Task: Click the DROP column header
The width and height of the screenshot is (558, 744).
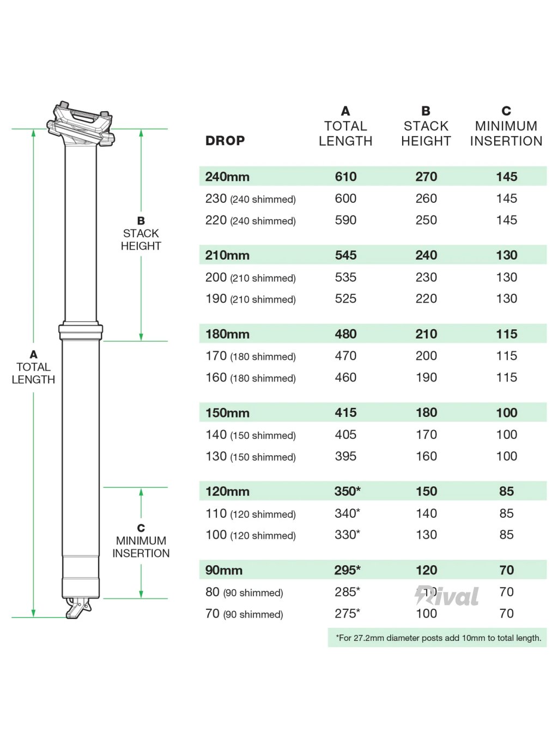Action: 225,141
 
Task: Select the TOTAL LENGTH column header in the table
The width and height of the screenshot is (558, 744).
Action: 345,126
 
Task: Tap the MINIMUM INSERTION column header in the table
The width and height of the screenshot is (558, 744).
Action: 506,126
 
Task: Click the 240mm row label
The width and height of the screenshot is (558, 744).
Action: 227,177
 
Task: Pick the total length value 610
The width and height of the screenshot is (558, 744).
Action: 345,177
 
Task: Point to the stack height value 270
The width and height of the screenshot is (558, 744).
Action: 426,177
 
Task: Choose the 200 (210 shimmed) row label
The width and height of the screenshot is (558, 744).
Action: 250,277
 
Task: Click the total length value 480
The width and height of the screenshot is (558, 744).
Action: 345,334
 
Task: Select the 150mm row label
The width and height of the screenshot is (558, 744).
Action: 227,413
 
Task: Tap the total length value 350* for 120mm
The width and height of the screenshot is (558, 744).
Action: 347,491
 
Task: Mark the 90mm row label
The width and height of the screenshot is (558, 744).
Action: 223,570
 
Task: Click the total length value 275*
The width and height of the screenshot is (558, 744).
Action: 347,613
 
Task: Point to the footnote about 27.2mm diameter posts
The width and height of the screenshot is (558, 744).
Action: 438,638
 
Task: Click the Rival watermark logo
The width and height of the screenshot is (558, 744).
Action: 447,596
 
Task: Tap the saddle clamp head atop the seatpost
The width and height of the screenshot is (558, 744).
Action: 81,124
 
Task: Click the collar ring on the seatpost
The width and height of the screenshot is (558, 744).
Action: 81,331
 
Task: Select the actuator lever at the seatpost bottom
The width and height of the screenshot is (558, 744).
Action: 78,608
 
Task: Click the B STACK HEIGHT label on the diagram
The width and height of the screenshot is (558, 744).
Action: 141,233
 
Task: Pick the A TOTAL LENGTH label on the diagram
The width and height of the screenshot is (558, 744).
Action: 33,367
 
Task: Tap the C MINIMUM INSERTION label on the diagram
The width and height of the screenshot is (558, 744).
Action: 141,541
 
